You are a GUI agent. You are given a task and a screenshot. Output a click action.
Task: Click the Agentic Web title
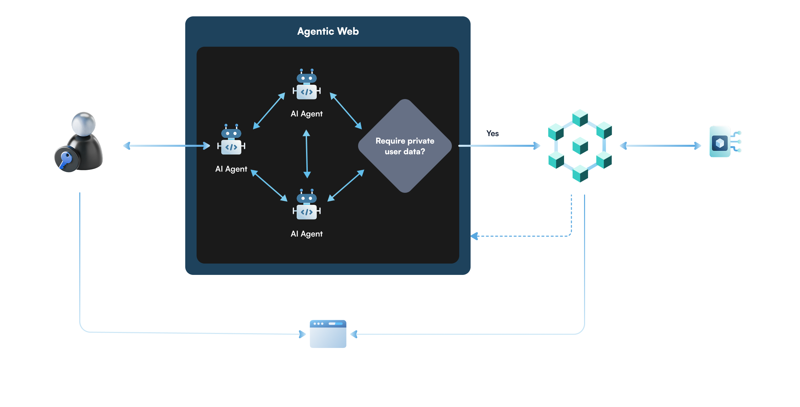328,31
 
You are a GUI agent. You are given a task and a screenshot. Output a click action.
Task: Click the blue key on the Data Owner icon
65,159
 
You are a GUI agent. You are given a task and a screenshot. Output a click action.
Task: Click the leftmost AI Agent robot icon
231,140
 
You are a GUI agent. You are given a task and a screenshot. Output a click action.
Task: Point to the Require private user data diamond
405,146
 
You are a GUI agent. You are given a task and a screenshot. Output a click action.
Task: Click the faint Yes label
492,133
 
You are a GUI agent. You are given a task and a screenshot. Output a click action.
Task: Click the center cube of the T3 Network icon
580,146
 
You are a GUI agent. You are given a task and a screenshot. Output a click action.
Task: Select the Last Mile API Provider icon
725,142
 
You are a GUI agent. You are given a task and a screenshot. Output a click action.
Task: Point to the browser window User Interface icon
328,334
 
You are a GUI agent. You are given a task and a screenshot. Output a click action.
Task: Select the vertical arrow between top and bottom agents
307,154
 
